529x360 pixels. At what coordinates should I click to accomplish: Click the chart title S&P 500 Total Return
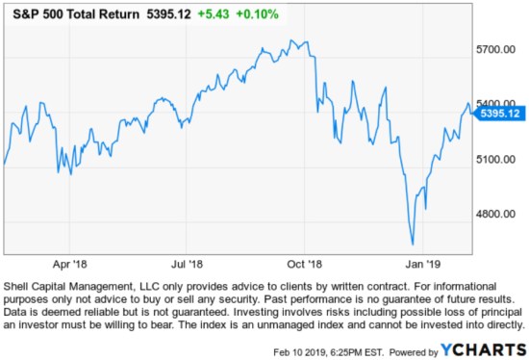[70, 13]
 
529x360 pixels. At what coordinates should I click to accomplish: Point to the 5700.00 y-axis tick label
[498, 49]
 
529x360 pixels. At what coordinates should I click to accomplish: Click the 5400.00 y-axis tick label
[498, 103]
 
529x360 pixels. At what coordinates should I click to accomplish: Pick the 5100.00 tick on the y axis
[498, 159]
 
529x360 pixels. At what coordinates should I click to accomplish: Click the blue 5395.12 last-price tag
[499, 114]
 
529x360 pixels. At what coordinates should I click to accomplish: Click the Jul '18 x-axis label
[187, 262]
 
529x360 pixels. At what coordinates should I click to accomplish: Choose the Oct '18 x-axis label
[304, 262]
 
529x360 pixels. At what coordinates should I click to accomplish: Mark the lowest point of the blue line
[413, 244]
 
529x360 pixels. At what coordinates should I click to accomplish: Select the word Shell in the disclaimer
[19, 287]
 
